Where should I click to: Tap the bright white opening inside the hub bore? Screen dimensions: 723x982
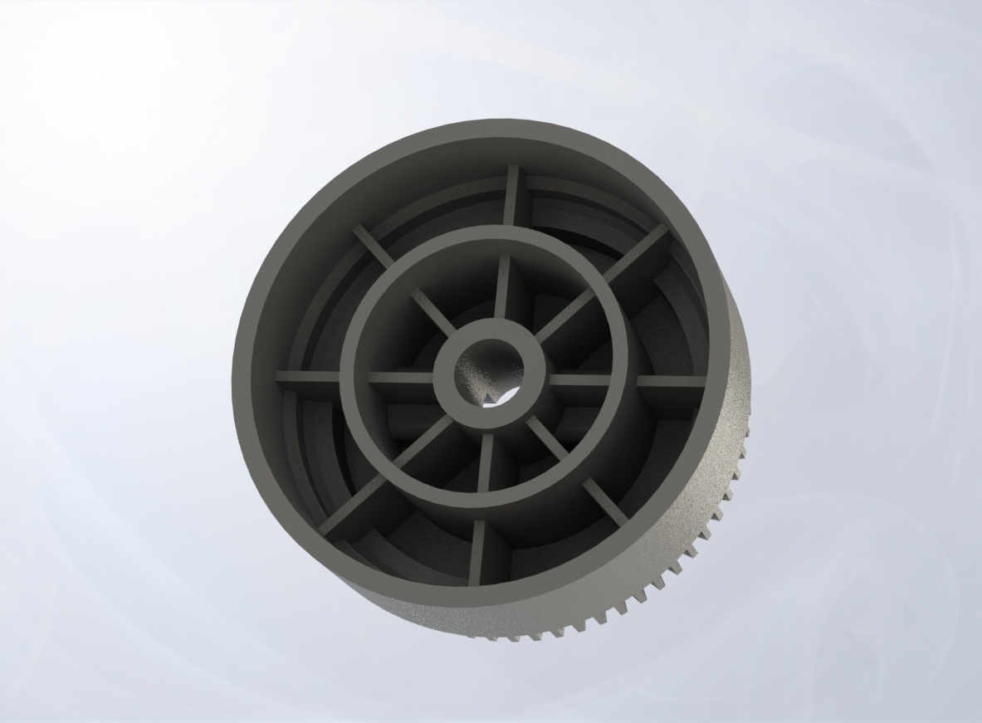point(501,398)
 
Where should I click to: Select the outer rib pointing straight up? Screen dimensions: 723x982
point(511,194)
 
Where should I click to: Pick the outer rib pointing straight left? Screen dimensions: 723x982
point(307,377)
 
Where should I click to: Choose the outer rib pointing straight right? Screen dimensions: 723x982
point(668,383)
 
